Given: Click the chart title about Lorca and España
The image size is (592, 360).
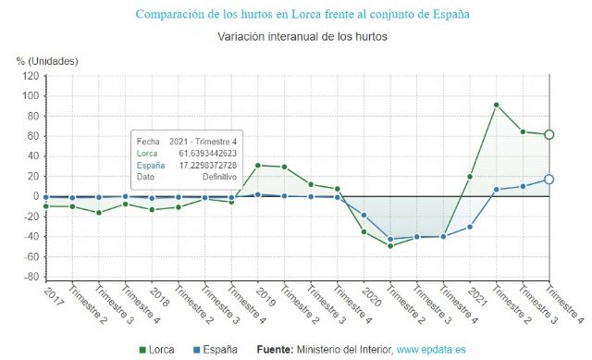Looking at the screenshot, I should point(302,15).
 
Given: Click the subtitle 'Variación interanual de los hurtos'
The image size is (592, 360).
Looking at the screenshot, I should point(302,37).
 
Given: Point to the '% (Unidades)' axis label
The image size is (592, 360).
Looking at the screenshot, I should point(47,61).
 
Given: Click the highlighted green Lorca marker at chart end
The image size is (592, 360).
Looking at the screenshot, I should point(549,135).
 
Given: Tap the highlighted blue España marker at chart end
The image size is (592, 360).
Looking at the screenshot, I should point(549,180).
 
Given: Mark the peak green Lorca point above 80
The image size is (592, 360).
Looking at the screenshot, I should point(497,105).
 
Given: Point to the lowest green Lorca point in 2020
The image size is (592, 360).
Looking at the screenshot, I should point(390,245).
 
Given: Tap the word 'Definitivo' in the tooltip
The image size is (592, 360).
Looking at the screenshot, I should point(219,176).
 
